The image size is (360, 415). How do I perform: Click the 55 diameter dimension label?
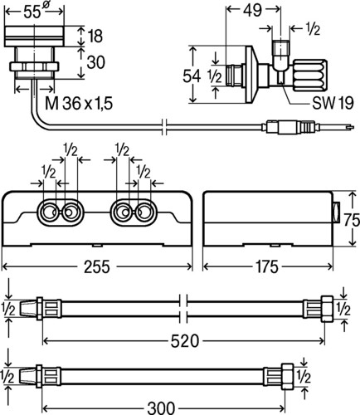(x=35, y=12)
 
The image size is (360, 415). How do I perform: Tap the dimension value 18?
(x=95, y=36)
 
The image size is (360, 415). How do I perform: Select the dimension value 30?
(x=96, y=62)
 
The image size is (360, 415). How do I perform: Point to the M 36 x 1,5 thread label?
(x=79, y=104)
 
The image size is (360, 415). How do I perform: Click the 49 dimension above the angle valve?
(x=252, y=10)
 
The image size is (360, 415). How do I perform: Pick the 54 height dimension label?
(x=192, y=76)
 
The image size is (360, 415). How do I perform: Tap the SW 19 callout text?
(x=333, y=103)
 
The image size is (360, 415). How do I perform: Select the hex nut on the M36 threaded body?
(x=35, y=66)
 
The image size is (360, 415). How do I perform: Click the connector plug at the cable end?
(x=289, y=127)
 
